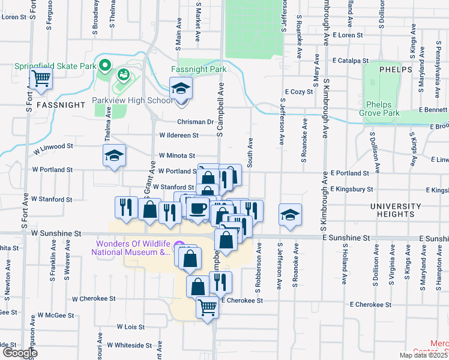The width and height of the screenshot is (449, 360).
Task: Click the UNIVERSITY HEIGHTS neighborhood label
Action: click(x=396, y=210)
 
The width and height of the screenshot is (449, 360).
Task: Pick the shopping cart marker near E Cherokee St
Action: click(x=208, y=307)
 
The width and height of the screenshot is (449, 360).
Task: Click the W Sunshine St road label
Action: click(x=56, y=233)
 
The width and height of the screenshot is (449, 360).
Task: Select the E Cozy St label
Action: click(x=299, y=92)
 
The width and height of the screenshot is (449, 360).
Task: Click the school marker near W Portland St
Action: click(x=114, y=156)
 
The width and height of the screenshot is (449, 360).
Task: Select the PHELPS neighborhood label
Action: click(x=395, y=70)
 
